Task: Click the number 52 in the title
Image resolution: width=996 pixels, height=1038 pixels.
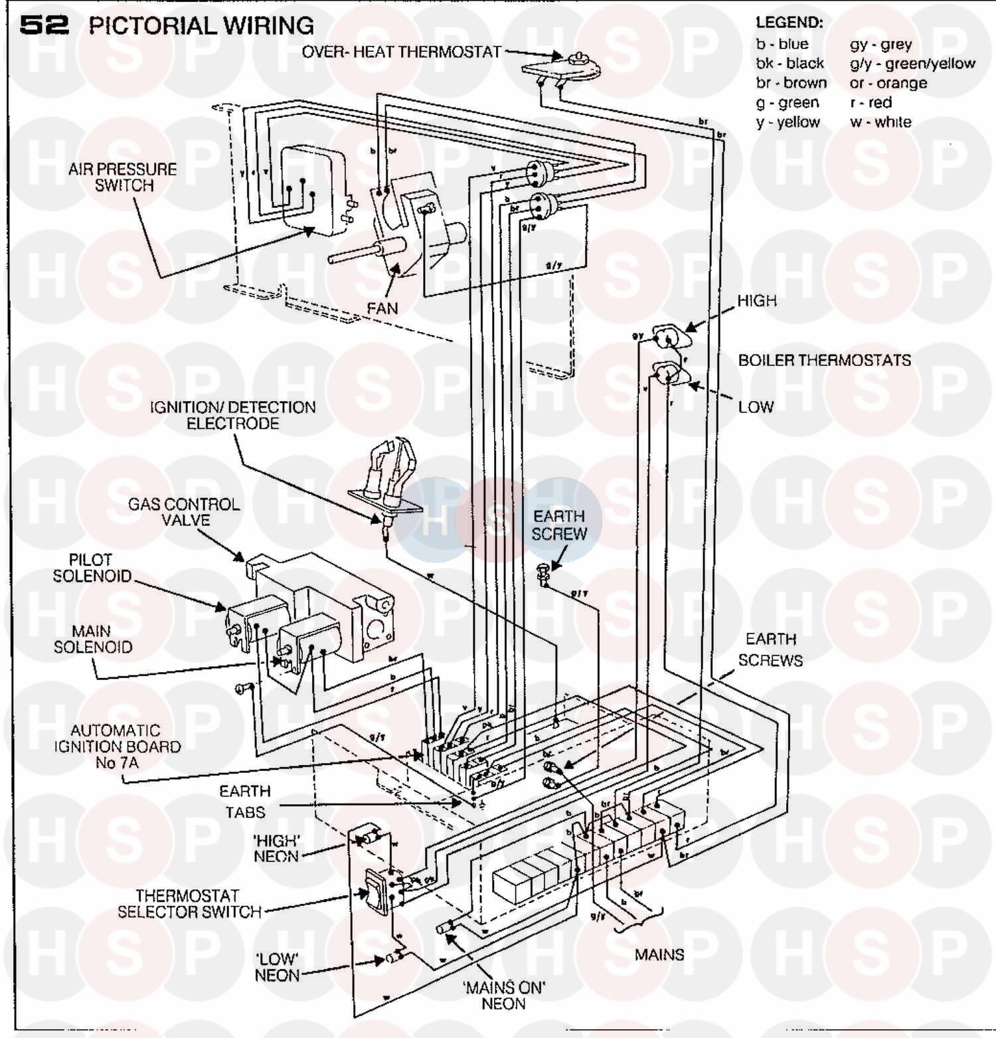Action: click(x=44, y=25)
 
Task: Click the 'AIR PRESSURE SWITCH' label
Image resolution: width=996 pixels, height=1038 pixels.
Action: click(x=123, y=177)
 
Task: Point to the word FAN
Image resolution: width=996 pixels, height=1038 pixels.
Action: click(x=382, y=308)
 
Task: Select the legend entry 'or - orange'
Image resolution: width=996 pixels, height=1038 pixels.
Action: click(x=888, y=83)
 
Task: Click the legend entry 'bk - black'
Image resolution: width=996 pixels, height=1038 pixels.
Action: click(x=789, y=64)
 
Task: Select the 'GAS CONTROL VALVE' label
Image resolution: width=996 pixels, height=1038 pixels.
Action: click(x=184, y=512)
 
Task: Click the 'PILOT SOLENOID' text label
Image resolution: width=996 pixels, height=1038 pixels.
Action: click(x=92, y=568)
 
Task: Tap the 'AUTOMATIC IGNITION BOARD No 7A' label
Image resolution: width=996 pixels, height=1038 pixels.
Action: click(x=117, y=746)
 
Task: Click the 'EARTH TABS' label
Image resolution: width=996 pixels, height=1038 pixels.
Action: click(x=245, y=802)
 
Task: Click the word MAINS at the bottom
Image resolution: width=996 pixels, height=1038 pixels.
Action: click(x=659, y=954)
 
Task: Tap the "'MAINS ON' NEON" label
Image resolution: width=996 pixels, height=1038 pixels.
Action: click(x=504, y=995)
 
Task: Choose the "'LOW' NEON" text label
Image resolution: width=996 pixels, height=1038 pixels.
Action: click(x=277, y=967)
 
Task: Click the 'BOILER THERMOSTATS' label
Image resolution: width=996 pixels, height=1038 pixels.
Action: click(x=824, y=361)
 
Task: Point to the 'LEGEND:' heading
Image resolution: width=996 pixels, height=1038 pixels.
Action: click(x=789, y=23)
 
